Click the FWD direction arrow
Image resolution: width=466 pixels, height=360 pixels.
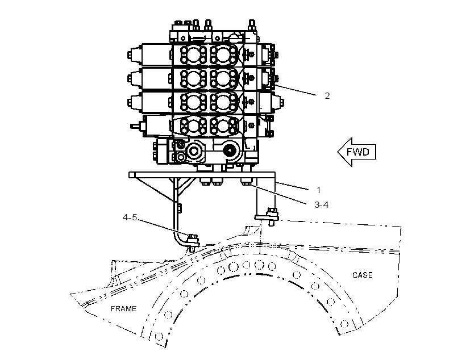click(357, 152)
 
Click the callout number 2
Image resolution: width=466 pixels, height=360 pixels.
click(327, 96)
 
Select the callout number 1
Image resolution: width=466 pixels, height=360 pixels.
click(319, 190)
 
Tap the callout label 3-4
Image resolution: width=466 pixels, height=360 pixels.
click(321, 204)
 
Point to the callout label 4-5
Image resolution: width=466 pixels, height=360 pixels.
click(130, 217)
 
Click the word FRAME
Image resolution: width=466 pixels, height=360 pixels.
click(124, 309)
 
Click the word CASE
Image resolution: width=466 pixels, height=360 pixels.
click(362, 275)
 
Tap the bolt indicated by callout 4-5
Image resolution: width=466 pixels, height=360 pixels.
click(192, 240)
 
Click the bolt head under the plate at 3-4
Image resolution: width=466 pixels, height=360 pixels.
click(246, 182)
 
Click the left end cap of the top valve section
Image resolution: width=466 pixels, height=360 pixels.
click(134, 55)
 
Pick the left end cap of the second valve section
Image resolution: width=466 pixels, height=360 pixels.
click(134, 79)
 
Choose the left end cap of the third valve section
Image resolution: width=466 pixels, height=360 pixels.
click(134, 102)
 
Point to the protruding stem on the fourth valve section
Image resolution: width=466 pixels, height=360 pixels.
click(136, 126)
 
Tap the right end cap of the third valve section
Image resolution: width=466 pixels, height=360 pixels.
click(279, 102)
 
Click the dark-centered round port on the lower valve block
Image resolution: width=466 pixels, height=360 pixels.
click(230, 151)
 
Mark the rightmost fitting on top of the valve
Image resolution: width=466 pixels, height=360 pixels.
click(252, 25)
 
